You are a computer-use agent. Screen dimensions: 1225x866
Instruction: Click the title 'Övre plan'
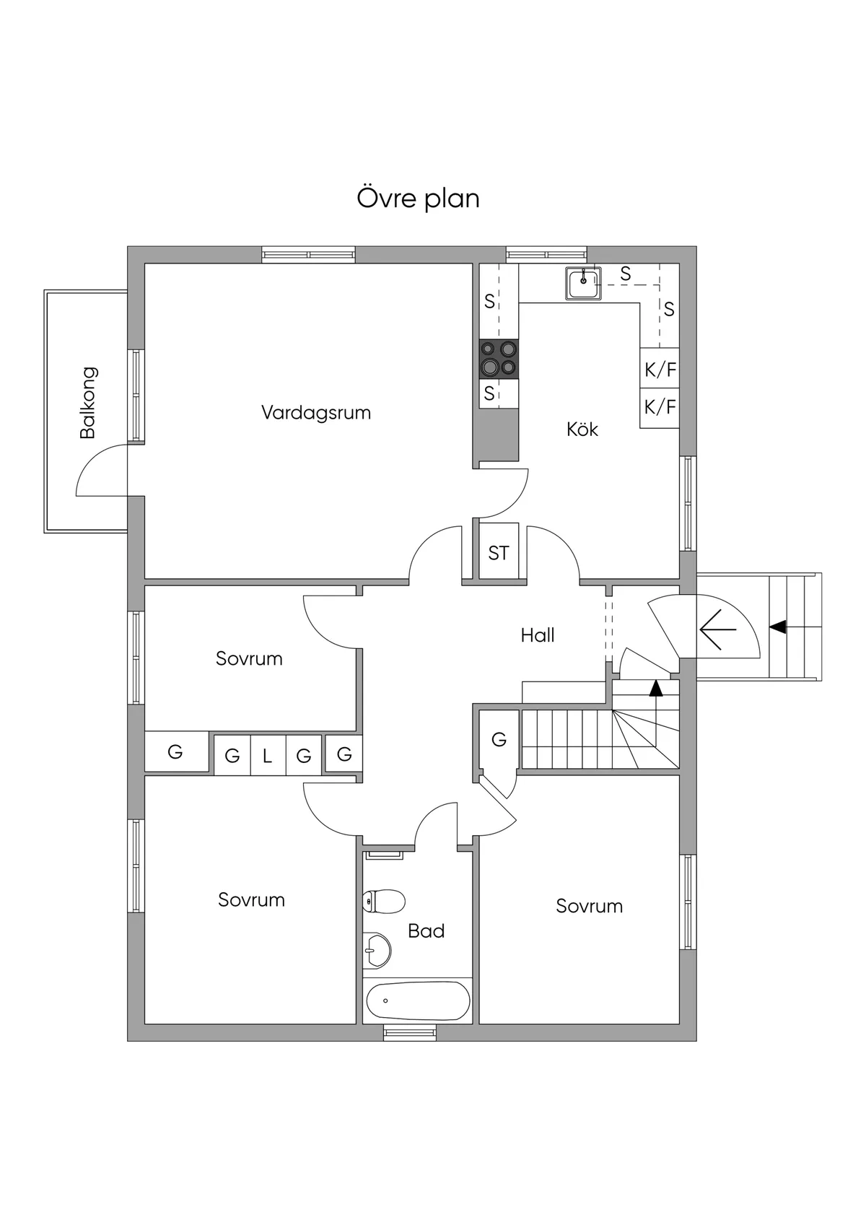coord(418,199)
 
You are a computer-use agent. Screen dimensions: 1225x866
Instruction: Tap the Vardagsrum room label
coord(316,413)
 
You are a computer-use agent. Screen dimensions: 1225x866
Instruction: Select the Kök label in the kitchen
coord(582,430)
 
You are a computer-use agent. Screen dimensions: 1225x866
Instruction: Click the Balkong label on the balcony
coord(88,403)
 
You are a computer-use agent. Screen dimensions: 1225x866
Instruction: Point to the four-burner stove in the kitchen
coord(499,359)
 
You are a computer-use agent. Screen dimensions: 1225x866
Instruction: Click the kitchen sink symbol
coord(583,283)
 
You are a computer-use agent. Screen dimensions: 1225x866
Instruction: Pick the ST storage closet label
coord(499,554)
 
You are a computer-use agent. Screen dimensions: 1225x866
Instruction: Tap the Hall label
coord(538,635)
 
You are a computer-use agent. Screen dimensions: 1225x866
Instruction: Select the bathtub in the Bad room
coord(418,1001)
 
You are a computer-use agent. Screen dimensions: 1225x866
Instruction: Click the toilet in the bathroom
coord(383,901)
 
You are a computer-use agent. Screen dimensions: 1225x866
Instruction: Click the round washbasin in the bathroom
coord(377,949)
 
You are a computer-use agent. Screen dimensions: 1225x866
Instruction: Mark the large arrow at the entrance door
coord(717,629)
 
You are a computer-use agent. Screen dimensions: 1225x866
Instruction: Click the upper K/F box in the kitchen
coord(660,370)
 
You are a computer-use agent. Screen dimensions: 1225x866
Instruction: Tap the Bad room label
coord(426,931)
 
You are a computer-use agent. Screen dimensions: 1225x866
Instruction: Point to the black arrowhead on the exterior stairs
coord(777,627)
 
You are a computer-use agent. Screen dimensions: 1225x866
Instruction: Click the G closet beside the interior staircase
coord(499,740)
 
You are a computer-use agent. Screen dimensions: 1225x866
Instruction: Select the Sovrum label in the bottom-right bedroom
coord(589,907)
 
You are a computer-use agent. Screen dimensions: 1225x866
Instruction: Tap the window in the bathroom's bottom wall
coord(410,1033)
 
